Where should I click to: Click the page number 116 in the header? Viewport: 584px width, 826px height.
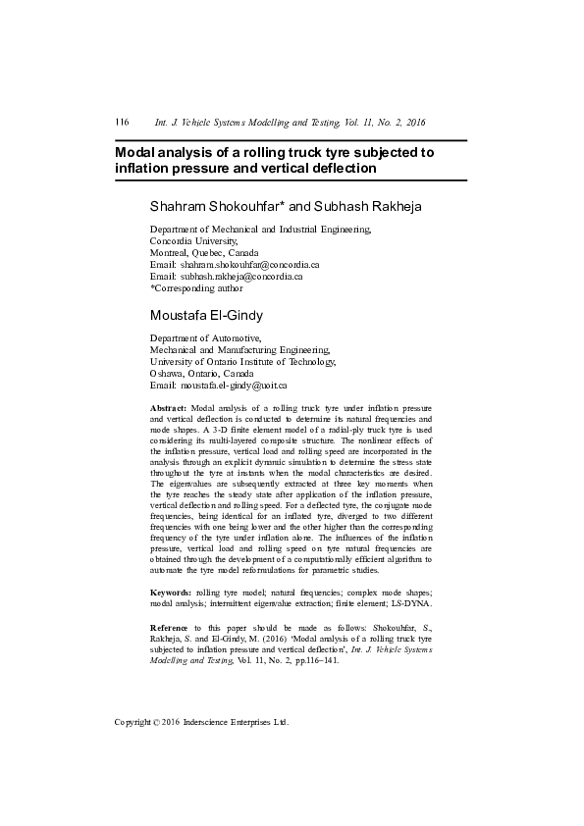click(123, 123)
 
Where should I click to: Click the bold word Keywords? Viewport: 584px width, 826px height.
click(171, 594)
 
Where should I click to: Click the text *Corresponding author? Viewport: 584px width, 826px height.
click(196, 288)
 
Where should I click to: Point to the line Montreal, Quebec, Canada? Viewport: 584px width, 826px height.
click(204, 253)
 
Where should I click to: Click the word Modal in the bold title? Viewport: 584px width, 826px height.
click(137, 153)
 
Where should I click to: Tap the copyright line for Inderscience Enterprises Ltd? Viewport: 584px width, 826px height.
click(202, 722)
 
